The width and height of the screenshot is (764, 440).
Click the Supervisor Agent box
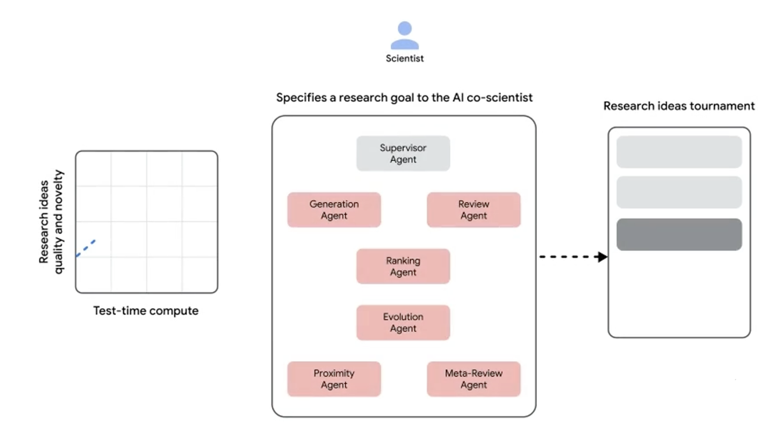click(403, 153)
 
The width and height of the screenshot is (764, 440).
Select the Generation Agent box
click(334, 210)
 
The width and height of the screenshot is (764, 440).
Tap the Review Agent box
click(474, 210)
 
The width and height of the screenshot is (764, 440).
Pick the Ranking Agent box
click(403, 266)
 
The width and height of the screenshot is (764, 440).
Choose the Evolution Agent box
click(403, 323)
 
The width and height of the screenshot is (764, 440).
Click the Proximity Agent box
click(334, 379)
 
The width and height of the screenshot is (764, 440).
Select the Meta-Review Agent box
click(474, 379)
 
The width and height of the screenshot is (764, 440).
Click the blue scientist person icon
click(404, 36)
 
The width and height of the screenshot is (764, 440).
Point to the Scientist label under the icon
click(404, 59)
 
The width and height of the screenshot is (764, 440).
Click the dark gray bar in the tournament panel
click(679, 234)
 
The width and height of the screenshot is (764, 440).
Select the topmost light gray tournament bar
click(679, 152)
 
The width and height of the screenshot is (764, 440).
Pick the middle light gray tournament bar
click(679, 192)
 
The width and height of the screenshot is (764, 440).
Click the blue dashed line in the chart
click(85, 248)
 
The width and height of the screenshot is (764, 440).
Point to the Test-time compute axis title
click(146, 311)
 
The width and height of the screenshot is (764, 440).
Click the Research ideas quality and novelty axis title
click(51, 222)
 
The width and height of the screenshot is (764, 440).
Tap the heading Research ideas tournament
click(679, 106)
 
